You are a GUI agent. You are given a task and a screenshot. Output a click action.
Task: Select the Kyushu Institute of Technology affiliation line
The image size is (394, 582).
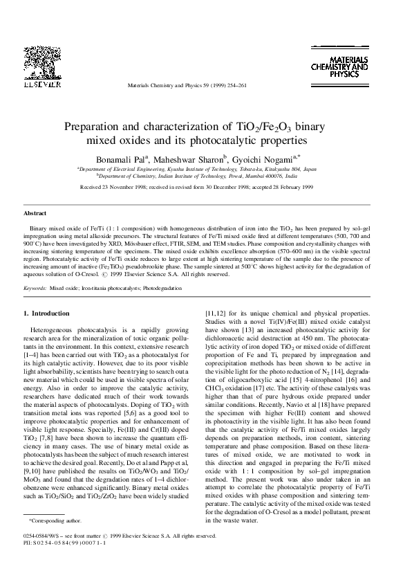197,171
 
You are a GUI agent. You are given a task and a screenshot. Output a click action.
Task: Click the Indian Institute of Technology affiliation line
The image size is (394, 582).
197,177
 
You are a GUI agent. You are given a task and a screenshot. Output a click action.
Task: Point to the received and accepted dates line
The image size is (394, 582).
197,188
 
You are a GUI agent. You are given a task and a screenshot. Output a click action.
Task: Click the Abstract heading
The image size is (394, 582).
35,215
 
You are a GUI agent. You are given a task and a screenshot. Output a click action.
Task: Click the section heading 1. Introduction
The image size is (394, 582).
46,313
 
